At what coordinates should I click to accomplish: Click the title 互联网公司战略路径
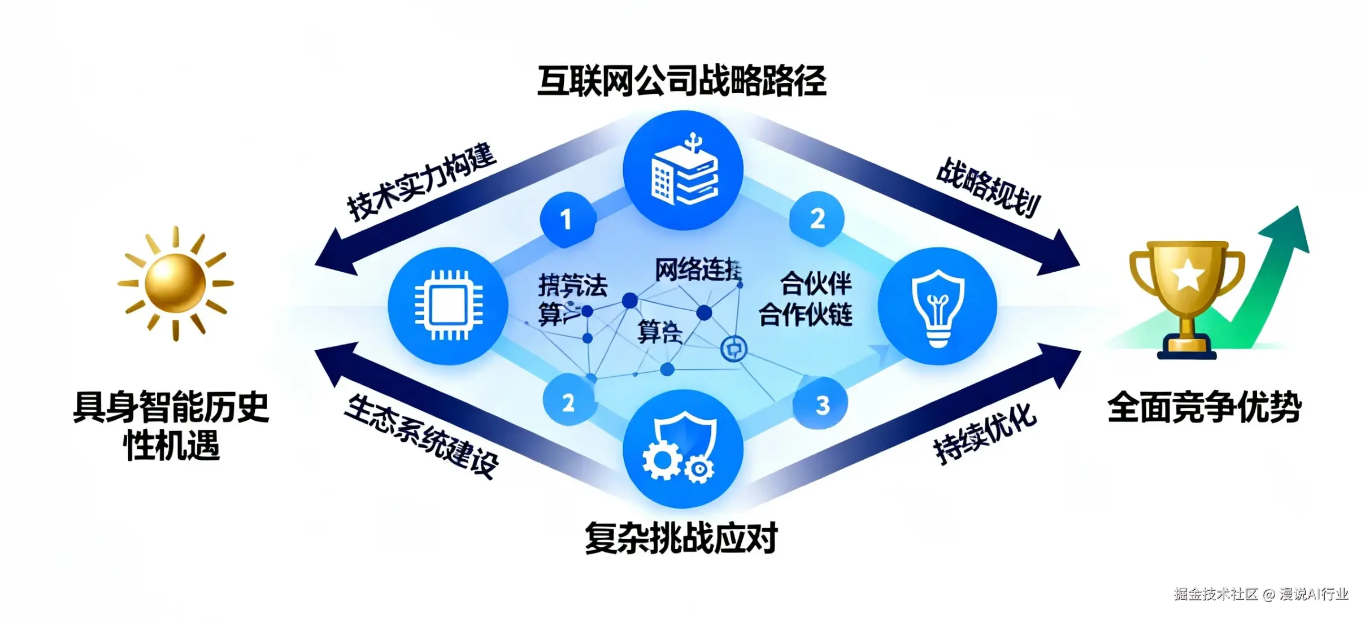(x=681, y=81)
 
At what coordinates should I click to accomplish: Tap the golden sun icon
(x=175, y=282)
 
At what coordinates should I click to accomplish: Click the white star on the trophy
(x=1186, y=275)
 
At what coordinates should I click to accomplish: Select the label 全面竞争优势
(x=1205, y=407)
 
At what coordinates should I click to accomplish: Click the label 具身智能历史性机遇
(x=171, y=425)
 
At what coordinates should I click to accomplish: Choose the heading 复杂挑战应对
(x=681, y=537)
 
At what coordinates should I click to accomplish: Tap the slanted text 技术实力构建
(x=421, y=182)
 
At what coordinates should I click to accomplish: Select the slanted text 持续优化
(x=985, y=433)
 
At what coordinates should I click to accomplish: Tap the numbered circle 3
(x=821, y=404)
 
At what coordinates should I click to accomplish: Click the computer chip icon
(x=449, y=306)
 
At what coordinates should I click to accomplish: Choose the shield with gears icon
(x=682, y=449)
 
